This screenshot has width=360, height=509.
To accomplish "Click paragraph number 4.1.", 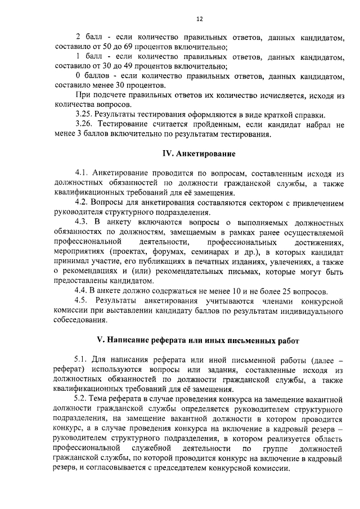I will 82,172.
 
